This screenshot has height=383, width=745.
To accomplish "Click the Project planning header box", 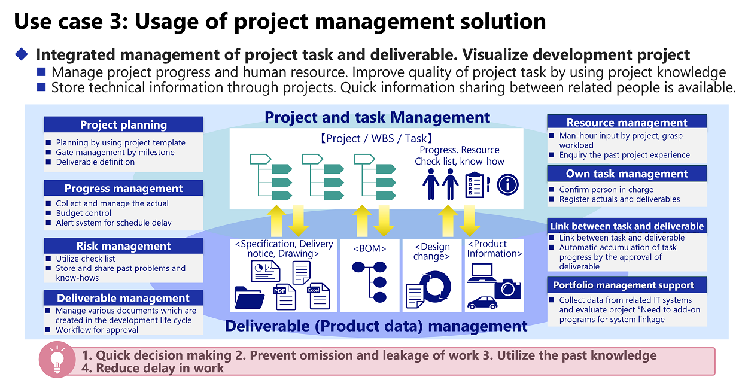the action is click(x=123, y=124).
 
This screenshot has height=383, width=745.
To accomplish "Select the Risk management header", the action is click(x=123, y=246).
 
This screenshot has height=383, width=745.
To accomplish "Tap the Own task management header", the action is click(x=627, y=174).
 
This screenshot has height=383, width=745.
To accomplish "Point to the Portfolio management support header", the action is click(x=627, y=285).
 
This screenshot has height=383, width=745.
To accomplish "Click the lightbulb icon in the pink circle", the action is click(x=57, y=360).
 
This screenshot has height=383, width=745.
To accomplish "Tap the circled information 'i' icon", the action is click(x=507, y=185).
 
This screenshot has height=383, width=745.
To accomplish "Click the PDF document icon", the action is click(x=284, y=297).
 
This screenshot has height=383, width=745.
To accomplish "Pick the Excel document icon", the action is click(x=318, y=296).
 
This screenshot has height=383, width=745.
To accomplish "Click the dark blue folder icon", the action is click(x=249, y=297).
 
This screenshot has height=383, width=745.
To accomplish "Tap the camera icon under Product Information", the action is click(x=507, y=288).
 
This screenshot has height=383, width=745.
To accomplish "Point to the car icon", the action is click(x=482, y=302).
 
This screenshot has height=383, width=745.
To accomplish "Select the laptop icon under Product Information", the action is click(x=482, y=273).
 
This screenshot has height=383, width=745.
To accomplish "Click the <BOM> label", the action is click(x=369, y=248).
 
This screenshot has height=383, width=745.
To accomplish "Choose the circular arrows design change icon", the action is click(x=435, y=287).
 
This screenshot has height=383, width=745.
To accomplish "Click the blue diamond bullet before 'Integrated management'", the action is click(x=22, y=54).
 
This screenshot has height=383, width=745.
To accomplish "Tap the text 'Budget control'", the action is click(x=83, y=213).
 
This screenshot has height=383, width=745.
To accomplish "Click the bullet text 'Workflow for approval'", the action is click(x=96, y=330).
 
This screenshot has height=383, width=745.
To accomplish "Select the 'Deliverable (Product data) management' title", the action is click(x=376, y=326).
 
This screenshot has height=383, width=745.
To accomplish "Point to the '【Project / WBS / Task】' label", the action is click(x=376, y=138).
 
